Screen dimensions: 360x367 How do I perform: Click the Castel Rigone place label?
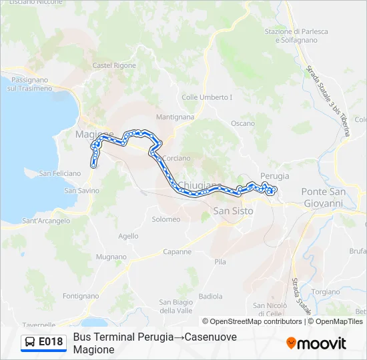[x=114, y=65]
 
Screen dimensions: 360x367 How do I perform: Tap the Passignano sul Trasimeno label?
[x=29, y=84]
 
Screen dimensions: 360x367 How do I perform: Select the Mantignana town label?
[x=175, y=117]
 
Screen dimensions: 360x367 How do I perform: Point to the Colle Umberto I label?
[x=207, y=97]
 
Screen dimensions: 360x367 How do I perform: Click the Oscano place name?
[x=242, y=123]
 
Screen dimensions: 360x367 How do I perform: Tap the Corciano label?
[x=176, y=158]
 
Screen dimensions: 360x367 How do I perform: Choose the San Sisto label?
[x=233, y=211]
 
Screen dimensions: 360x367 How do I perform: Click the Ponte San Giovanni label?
[x=324, y=197]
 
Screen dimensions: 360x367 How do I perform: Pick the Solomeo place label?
[x=166, y=219]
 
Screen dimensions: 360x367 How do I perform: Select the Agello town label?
[x=128, y=236]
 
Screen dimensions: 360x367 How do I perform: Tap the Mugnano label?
[x=111, y=257]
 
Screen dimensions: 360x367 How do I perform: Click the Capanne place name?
[x=177, y=252]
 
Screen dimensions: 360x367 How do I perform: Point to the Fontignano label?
[x=80, y=295]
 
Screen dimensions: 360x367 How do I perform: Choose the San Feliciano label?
[x=59, y=173]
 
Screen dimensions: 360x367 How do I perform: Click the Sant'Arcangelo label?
[x=46, y=221]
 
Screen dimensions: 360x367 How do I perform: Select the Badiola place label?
[x=211, y=296]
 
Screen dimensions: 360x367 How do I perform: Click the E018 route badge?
[x=44, y=342]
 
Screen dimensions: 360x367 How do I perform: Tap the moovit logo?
[x=316, y=343]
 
